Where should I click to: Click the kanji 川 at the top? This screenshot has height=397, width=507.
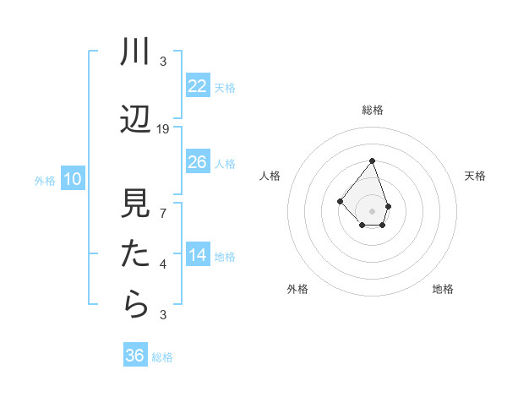tap(135, 53)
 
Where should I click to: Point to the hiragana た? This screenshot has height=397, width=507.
tap(135, 254)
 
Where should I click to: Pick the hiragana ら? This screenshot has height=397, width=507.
tap(135, 305)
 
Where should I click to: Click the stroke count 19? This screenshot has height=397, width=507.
tap(163, 129)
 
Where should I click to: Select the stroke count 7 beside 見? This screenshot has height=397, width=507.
tap(163, 214)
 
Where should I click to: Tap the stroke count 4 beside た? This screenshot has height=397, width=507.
tap(163, 264)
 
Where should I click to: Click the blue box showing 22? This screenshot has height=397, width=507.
tap(197, 86)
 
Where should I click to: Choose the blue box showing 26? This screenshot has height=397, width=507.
tap(197, 162)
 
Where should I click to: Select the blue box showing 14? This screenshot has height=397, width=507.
tap(197, 255)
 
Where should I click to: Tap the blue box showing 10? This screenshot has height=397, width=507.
tap(72, 179)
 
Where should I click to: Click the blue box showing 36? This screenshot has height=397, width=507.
tap(135, 356)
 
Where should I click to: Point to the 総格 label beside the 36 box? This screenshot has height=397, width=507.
tap(162, 357)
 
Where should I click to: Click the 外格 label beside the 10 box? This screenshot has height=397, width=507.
tap(45, 180)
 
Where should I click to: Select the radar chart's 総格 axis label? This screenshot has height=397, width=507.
tap(372, 110)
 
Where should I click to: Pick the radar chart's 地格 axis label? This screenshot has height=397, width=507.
tap(443, 289)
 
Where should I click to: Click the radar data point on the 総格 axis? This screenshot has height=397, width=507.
tap(372, 160)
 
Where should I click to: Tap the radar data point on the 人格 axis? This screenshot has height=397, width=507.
tap(340, 201)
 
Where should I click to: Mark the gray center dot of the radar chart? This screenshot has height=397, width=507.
tap(372, 211)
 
